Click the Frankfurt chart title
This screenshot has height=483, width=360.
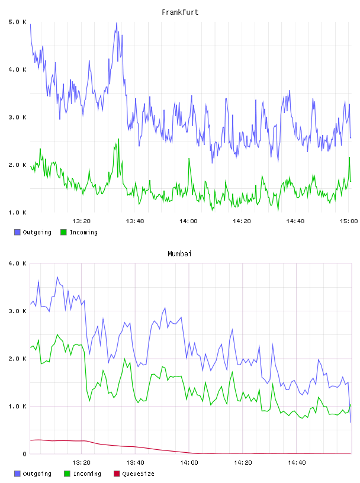tap(180, 12)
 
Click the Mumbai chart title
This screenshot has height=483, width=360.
tap(179, 254)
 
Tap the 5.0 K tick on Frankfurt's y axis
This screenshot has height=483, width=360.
tap(17, 22)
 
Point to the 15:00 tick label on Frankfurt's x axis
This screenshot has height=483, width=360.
tap(349, 221)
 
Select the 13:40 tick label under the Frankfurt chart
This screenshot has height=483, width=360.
tap(134, 221)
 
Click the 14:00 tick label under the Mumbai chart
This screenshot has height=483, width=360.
tap(189, 462)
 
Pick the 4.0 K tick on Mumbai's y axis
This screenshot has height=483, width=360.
tap(17, 263)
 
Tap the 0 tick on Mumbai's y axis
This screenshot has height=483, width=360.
tap(25, 454)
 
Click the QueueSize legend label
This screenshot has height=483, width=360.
tap(138, 474)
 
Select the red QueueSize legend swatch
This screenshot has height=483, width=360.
tap(117, 474)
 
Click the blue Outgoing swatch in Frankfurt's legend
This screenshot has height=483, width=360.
tap(17, 232)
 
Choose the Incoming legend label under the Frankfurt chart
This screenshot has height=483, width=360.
tap(83, 232)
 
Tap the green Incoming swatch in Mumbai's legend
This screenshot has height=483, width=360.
tap(67, 474)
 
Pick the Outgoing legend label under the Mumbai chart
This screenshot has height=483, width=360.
tap(37, 474)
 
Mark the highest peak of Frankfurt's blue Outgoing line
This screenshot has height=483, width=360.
tap(117, 22)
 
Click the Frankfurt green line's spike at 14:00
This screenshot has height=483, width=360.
tap(189, 158)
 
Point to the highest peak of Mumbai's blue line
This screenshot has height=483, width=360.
tap(57, 276)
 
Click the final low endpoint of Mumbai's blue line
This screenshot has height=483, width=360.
tap(351, 422)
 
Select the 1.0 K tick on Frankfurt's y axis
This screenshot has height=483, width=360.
tap(17, 212)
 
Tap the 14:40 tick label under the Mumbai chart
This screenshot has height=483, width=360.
tap(297, 462)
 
